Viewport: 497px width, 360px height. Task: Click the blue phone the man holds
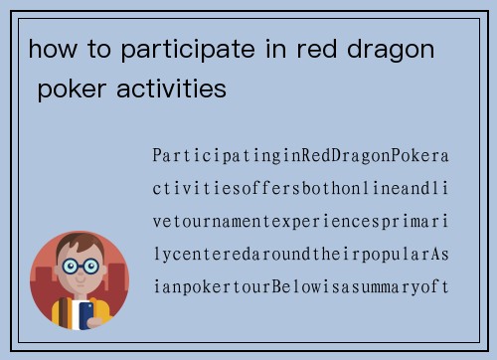(x=86, y=313)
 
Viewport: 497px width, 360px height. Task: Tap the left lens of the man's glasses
(x=71, y=267)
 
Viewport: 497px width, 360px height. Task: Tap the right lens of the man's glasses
(x=91, y=267)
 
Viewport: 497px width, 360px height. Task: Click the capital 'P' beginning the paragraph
(x=157, y=156)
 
